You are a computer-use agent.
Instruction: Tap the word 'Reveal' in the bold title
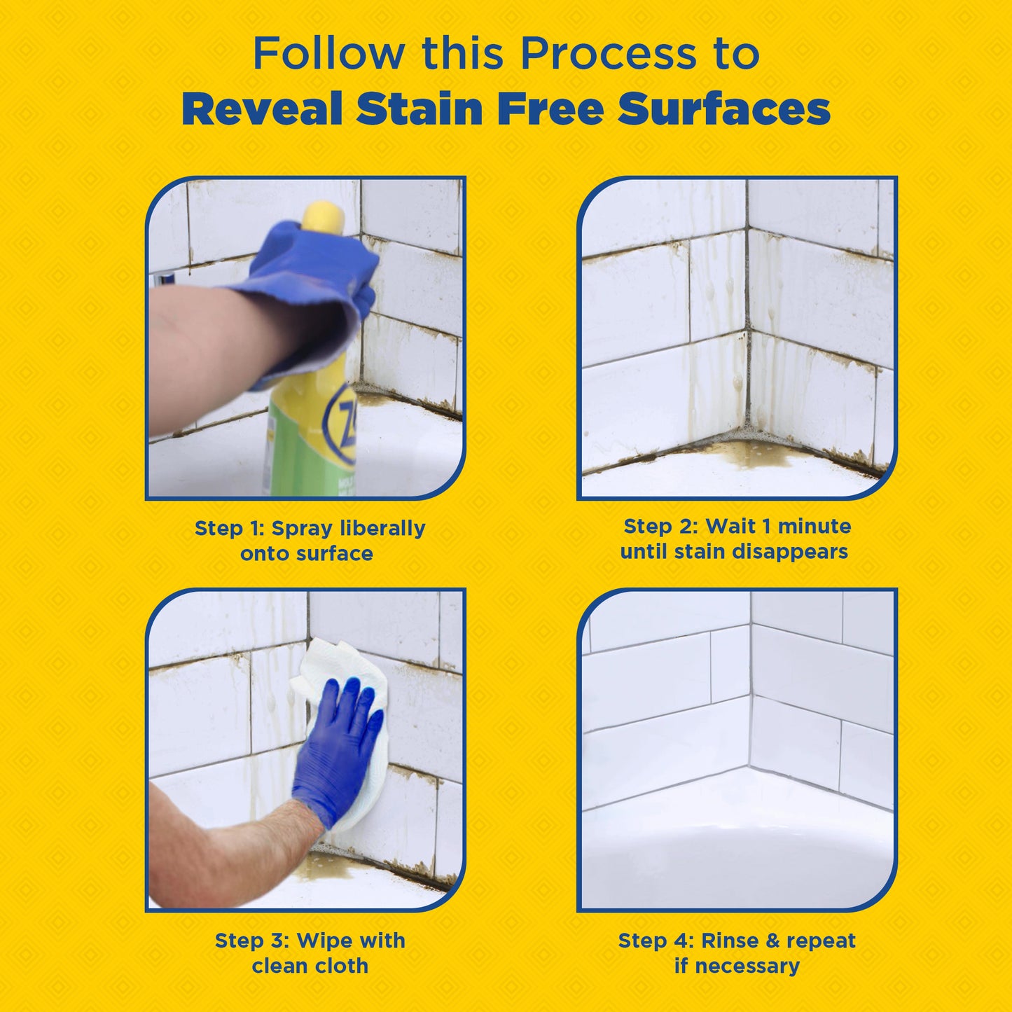(262, 110)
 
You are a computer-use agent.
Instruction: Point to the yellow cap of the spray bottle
(323, 217)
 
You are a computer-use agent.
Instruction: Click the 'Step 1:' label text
(228, 528)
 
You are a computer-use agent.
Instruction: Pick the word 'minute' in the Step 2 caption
(815, 526)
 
